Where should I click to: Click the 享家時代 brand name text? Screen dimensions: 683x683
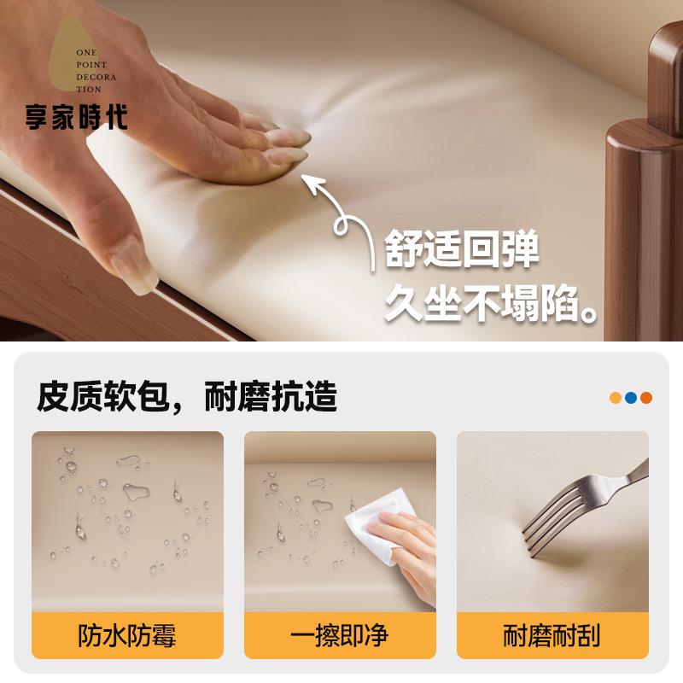click(x=76, y=116)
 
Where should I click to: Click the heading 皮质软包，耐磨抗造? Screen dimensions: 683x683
click(x=187, y=397)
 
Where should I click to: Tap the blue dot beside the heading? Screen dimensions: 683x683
click(x=631, y=398)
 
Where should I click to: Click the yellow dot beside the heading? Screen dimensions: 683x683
click(x=616, y=398)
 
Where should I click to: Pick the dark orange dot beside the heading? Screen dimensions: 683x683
click(x=646, y=398)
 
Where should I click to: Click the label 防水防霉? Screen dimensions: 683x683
click(x=128, y=636)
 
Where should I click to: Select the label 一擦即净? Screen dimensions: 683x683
click(x=340, y=636)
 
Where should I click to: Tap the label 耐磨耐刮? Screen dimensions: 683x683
click(x=552, y=636)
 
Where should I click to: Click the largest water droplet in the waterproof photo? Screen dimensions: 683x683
click(x=135, y=492)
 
